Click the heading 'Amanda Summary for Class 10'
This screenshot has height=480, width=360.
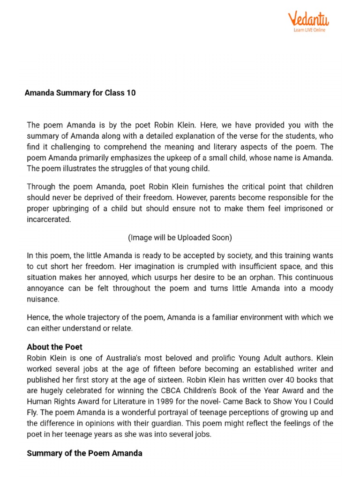pyautogui.click(x=80, y=93)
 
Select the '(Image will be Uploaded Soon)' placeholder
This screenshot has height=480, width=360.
pyautogui.click(x=180, y=238)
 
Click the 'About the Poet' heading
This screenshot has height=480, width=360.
pyautogui.click(x=54, y=347)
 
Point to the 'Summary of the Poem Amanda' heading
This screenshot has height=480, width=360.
pyautogui.click(x=84, y=453)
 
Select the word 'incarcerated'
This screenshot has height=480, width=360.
pyautogui.click(x=49, y=219)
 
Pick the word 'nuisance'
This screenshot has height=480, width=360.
pyautogui.click(x=42, y=299)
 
